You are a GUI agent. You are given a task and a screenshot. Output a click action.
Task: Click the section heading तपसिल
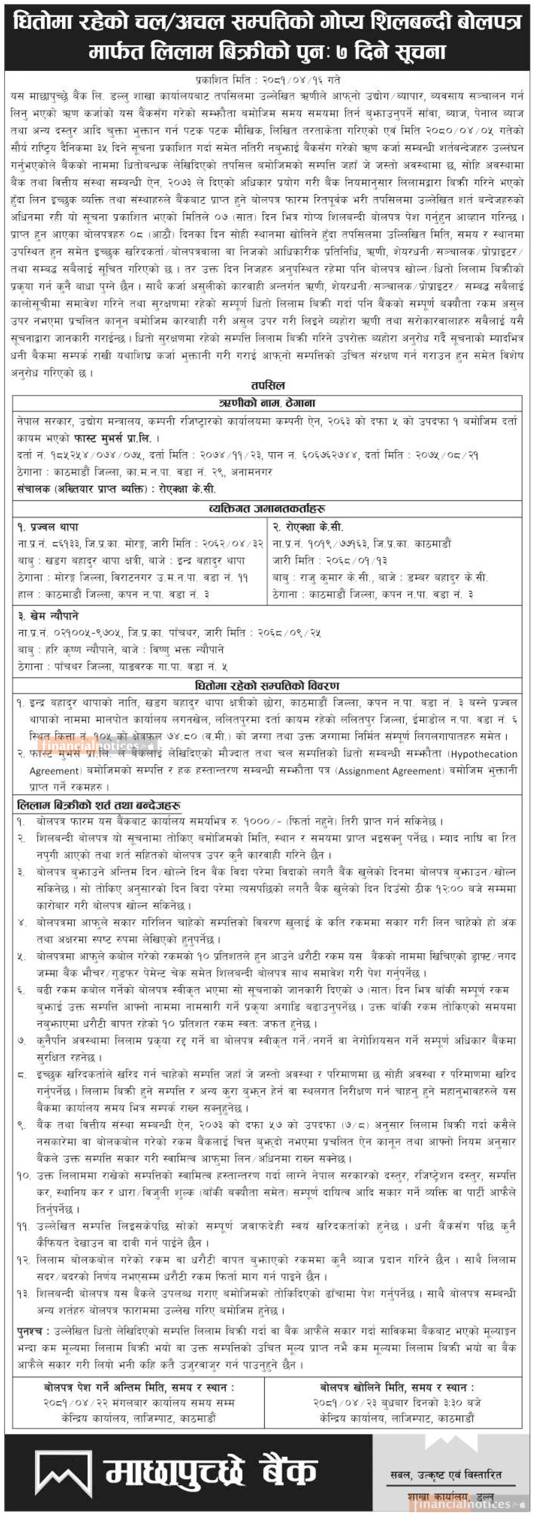coord(267,386)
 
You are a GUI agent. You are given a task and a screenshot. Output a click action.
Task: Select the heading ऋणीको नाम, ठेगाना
coord(267,403)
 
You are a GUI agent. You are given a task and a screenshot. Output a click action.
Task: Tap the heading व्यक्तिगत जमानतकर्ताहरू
coord(267,508)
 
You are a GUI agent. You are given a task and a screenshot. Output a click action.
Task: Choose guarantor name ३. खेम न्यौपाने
coord(48,616)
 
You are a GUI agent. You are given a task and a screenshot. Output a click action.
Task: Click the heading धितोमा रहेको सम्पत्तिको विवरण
coord(267,686)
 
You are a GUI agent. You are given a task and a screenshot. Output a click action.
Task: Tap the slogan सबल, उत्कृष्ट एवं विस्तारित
coord(446,1474)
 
